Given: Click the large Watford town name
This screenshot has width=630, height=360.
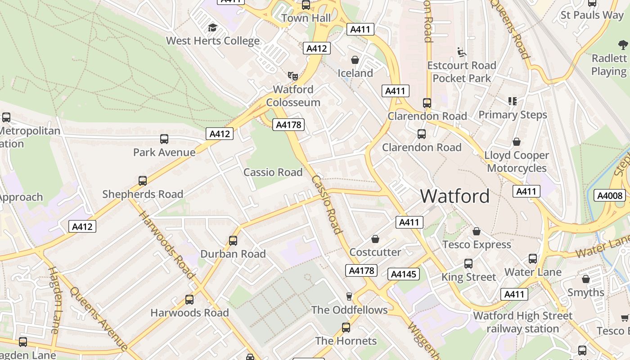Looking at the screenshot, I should click(455, 196).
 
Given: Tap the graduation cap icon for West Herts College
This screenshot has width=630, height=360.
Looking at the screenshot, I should click(212, 28).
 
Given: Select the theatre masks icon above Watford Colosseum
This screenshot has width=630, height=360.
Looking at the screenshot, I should click(293, 76).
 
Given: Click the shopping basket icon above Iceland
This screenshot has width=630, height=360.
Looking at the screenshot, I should click(355, 60).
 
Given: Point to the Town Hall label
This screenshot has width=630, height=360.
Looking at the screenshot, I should click(306, 18).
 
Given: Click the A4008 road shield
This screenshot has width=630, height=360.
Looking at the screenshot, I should click(610, 195).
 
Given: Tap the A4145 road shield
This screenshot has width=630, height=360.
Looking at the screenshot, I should click(404, 274).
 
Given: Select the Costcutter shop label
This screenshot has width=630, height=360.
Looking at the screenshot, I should click(375, 252).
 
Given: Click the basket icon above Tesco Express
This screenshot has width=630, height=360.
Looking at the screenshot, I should click(477, 231).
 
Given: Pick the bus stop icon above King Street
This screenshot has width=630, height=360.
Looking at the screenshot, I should click(468, 264).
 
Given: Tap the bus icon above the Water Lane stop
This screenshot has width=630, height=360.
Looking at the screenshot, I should click(533, 259).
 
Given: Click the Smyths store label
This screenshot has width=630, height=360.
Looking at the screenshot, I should click(585, 292).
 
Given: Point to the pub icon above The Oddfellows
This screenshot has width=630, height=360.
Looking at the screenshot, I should click(349, 296).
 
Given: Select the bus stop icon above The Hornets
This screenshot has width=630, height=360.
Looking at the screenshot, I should click(346, 328).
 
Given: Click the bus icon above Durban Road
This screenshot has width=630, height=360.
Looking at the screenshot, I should click(233, 241).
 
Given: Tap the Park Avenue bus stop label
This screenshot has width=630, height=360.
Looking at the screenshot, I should click(164, 152).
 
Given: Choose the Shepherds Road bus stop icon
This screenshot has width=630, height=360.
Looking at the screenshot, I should click(143, 181).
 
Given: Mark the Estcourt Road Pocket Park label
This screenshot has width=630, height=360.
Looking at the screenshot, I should click(462, 72).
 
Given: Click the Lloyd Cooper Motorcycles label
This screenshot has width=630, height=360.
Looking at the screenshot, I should click(517, 162).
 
